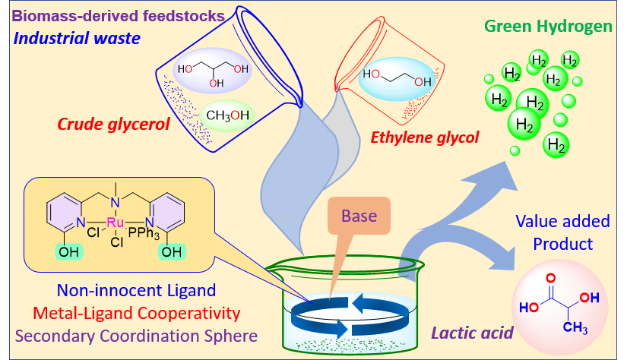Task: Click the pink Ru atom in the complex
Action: pyautogui.click(x=116, y=223)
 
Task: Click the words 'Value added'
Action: pyautogui.click(x=562, y=221)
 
